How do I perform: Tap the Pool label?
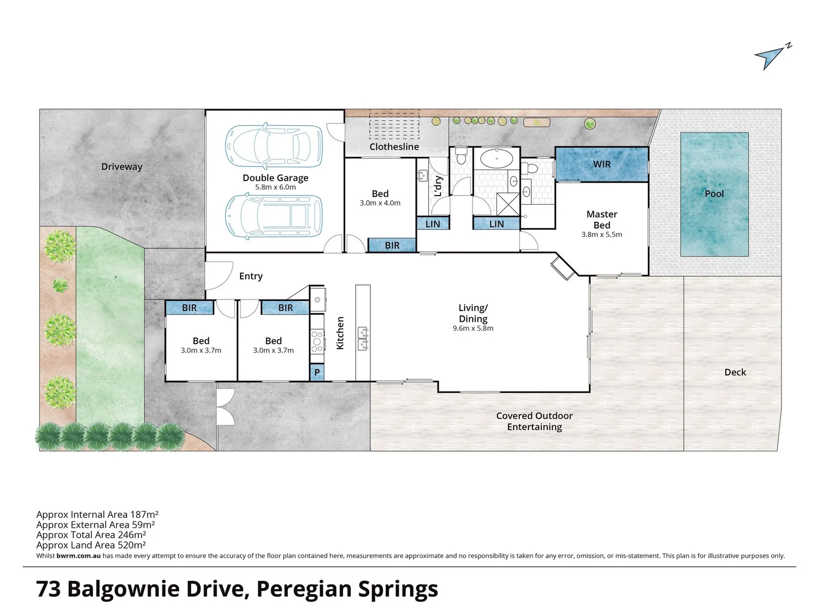pyautogui.click(x=714, y=193)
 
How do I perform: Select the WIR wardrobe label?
pyautogui.click(x=601, y=164)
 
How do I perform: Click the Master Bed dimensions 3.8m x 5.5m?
pyautogui.click(x=601, y=234)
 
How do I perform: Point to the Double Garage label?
pyautogui.click(x=275, y=177)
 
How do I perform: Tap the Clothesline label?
pyautogui.click(x=394, y=147)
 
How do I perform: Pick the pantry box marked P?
pyautogui.click(x=317, y=372)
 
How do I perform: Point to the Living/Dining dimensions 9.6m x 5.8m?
pyautogui.click(x=473, y=328)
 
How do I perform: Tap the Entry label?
pyautogui.click(x=251, y=276)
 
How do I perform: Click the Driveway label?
pyautogui.click(x=121, y=167)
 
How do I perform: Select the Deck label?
pyautogui.click(x=735, y=372)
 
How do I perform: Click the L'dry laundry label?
pyautogui.click(x=438, y=186)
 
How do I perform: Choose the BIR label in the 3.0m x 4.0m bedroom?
pyautogui.click(x=392, y=245)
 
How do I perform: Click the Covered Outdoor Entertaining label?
pyautogui.click(x=534, y=421)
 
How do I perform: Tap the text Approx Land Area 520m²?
pyautogui.click(x=91, y=545)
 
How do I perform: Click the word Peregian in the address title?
pyautogui.click(x=304, y=589)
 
